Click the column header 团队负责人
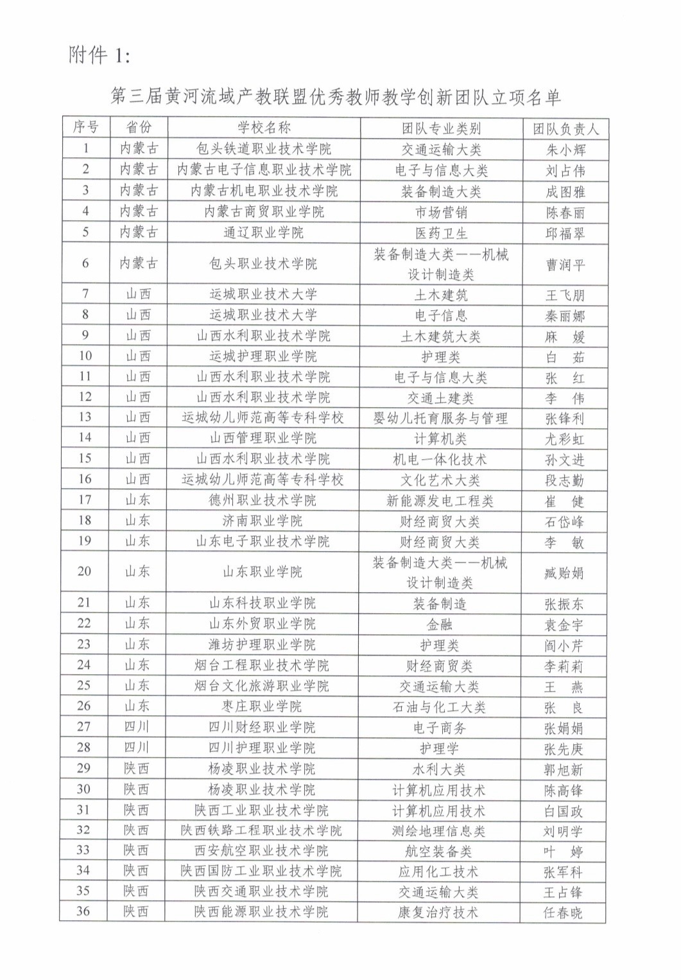click(565, 128)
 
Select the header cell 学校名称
click(264, 128)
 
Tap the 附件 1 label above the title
click(99, 56)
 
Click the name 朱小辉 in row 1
click(565, 150)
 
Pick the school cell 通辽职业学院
click(263, 232)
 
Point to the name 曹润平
click(565, 264)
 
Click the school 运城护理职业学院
click(263, 356)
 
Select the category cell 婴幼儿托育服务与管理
click(441, 419)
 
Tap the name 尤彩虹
click(565, 439)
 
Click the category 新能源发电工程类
click(440, 501)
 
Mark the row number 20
click(84, 572)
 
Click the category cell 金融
click(440, 624)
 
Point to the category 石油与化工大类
click(440, 707)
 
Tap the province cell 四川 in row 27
click(136, 728)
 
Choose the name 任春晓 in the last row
click(563, 913)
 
